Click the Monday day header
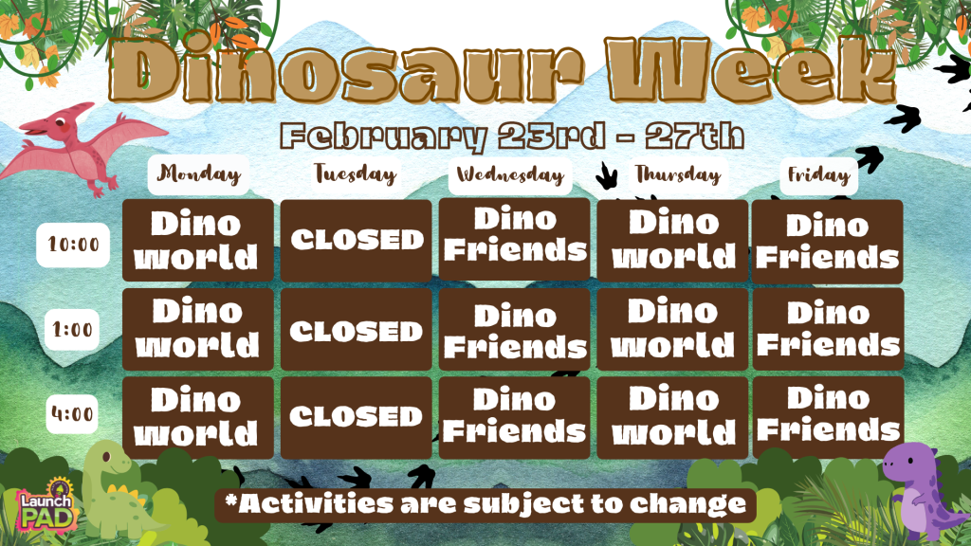[198, 175]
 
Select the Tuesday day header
[355, 175]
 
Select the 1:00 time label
[73, 331]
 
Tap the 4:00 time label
[73, 414]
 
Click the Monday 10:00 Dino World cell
[198, 240]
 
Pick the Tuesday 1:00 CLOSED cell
[356, 330]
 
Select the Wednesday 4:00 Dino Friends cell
[514, 416]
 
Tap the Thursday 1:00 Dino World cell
[672, 328]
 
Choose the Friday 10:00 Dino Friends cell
[828, 241]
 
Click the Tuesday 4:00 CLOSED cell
[356, 416]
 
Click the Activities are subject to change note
[485, 504]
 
